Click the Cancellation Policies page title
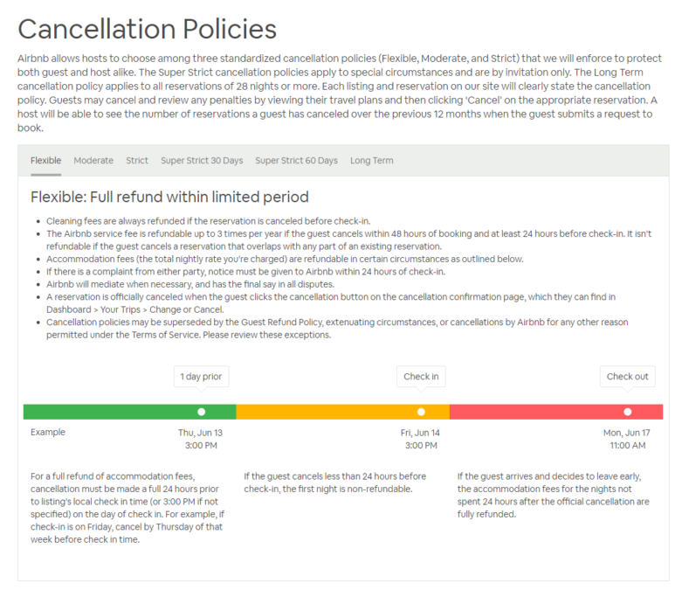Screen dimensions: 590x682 coord(147,29)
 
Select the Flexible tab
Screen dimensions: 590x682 coord(45,161)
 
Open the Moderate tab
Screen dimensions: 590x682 coord(93,161)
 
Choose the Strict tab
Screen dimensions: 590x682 coord(137,161)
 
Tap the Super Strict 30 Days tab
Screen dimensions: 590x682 coord(202,161)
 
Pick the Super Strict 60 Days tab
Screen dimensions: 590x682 coord(296,161)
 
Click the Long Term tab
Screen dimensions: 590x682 coord(372,161)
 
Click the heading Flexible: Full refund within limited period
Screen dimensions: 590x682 coord(169,198)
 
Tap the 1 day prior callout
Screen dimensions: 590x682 coord(202,377)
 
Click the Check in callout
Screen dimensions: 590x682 coord(421,377)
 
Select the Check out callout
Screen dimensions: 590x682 coord(627,377)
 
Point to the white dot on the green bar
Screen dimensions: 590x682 coord(202,412)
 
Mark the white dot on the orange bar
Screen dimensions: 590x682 coord(421,412)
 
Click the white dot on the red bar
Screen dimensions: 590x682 coord(627,412)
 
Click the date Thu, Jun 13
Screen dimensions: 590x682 coord(201,433)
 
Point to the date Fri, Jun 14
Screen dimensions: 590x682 coord(420,433)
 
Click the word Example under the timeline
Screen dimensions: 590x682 coord(48,433)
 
